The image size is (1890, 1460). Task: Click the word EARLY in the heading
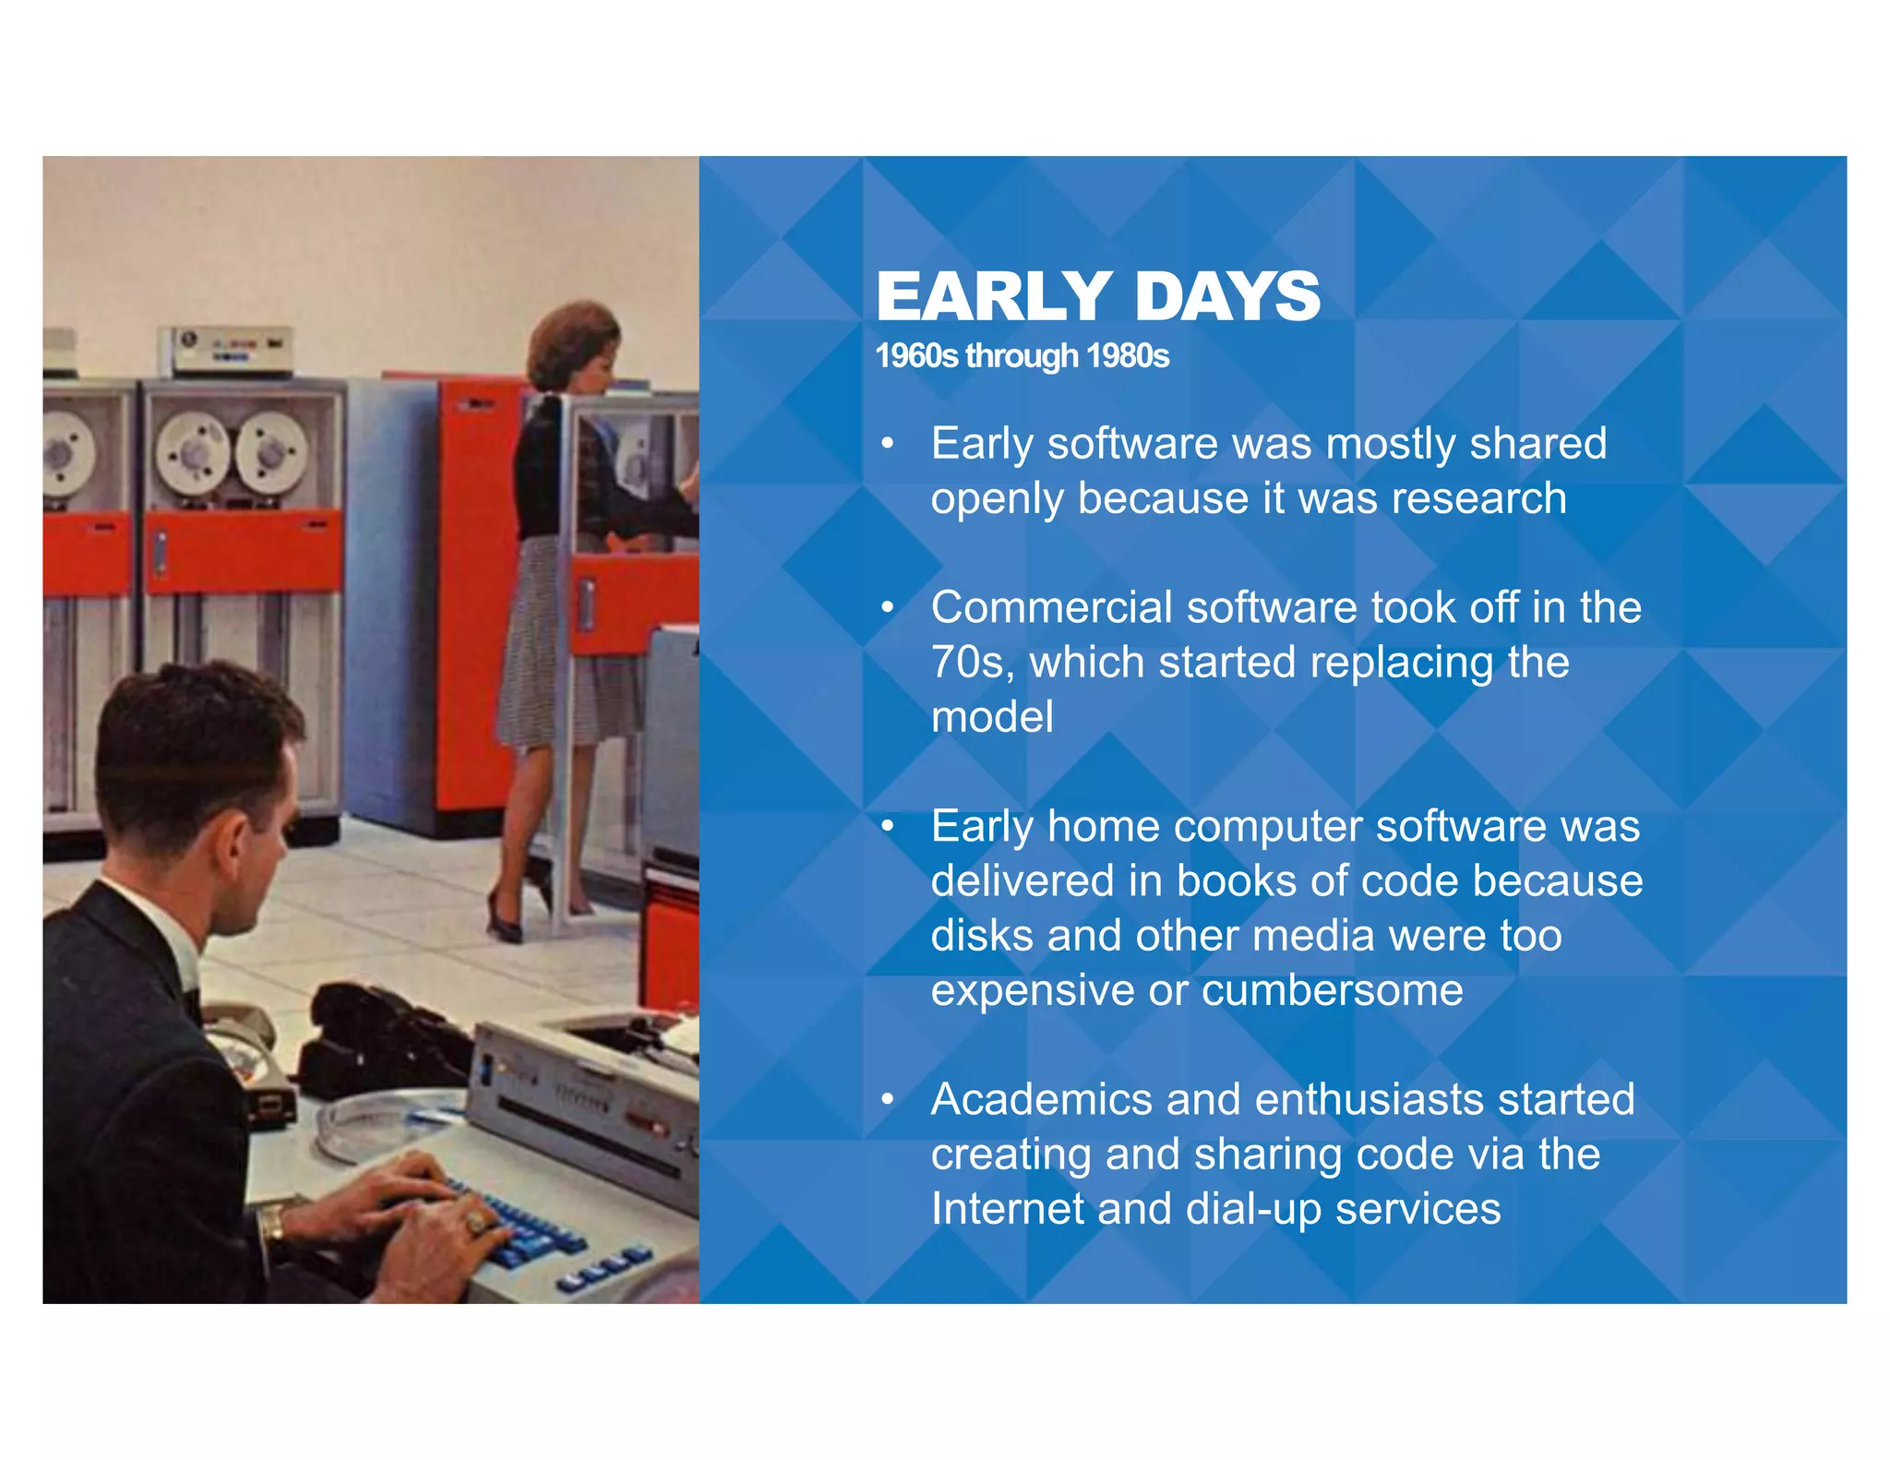[993, 297]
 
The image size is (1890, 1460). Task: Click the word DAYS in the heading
[1227, 297]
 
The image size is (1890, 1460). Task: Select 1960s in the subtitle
[916, 356]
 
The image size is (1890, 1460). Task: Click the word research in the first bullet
[1478, 498]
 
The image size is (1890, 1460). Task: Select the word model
[991, 718]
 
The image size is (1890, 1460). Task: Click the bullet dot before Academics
[887, 1099]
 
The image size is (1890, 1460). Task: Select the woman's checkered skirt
[554, 646]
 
